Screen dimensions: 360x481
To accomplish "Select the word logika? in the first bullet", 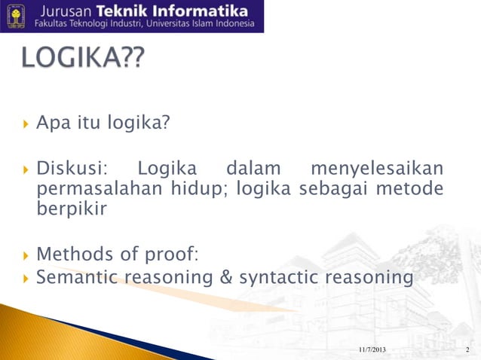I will [138, 124].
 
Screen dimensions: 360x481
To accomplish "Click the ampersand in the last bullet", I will [225, 278].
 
